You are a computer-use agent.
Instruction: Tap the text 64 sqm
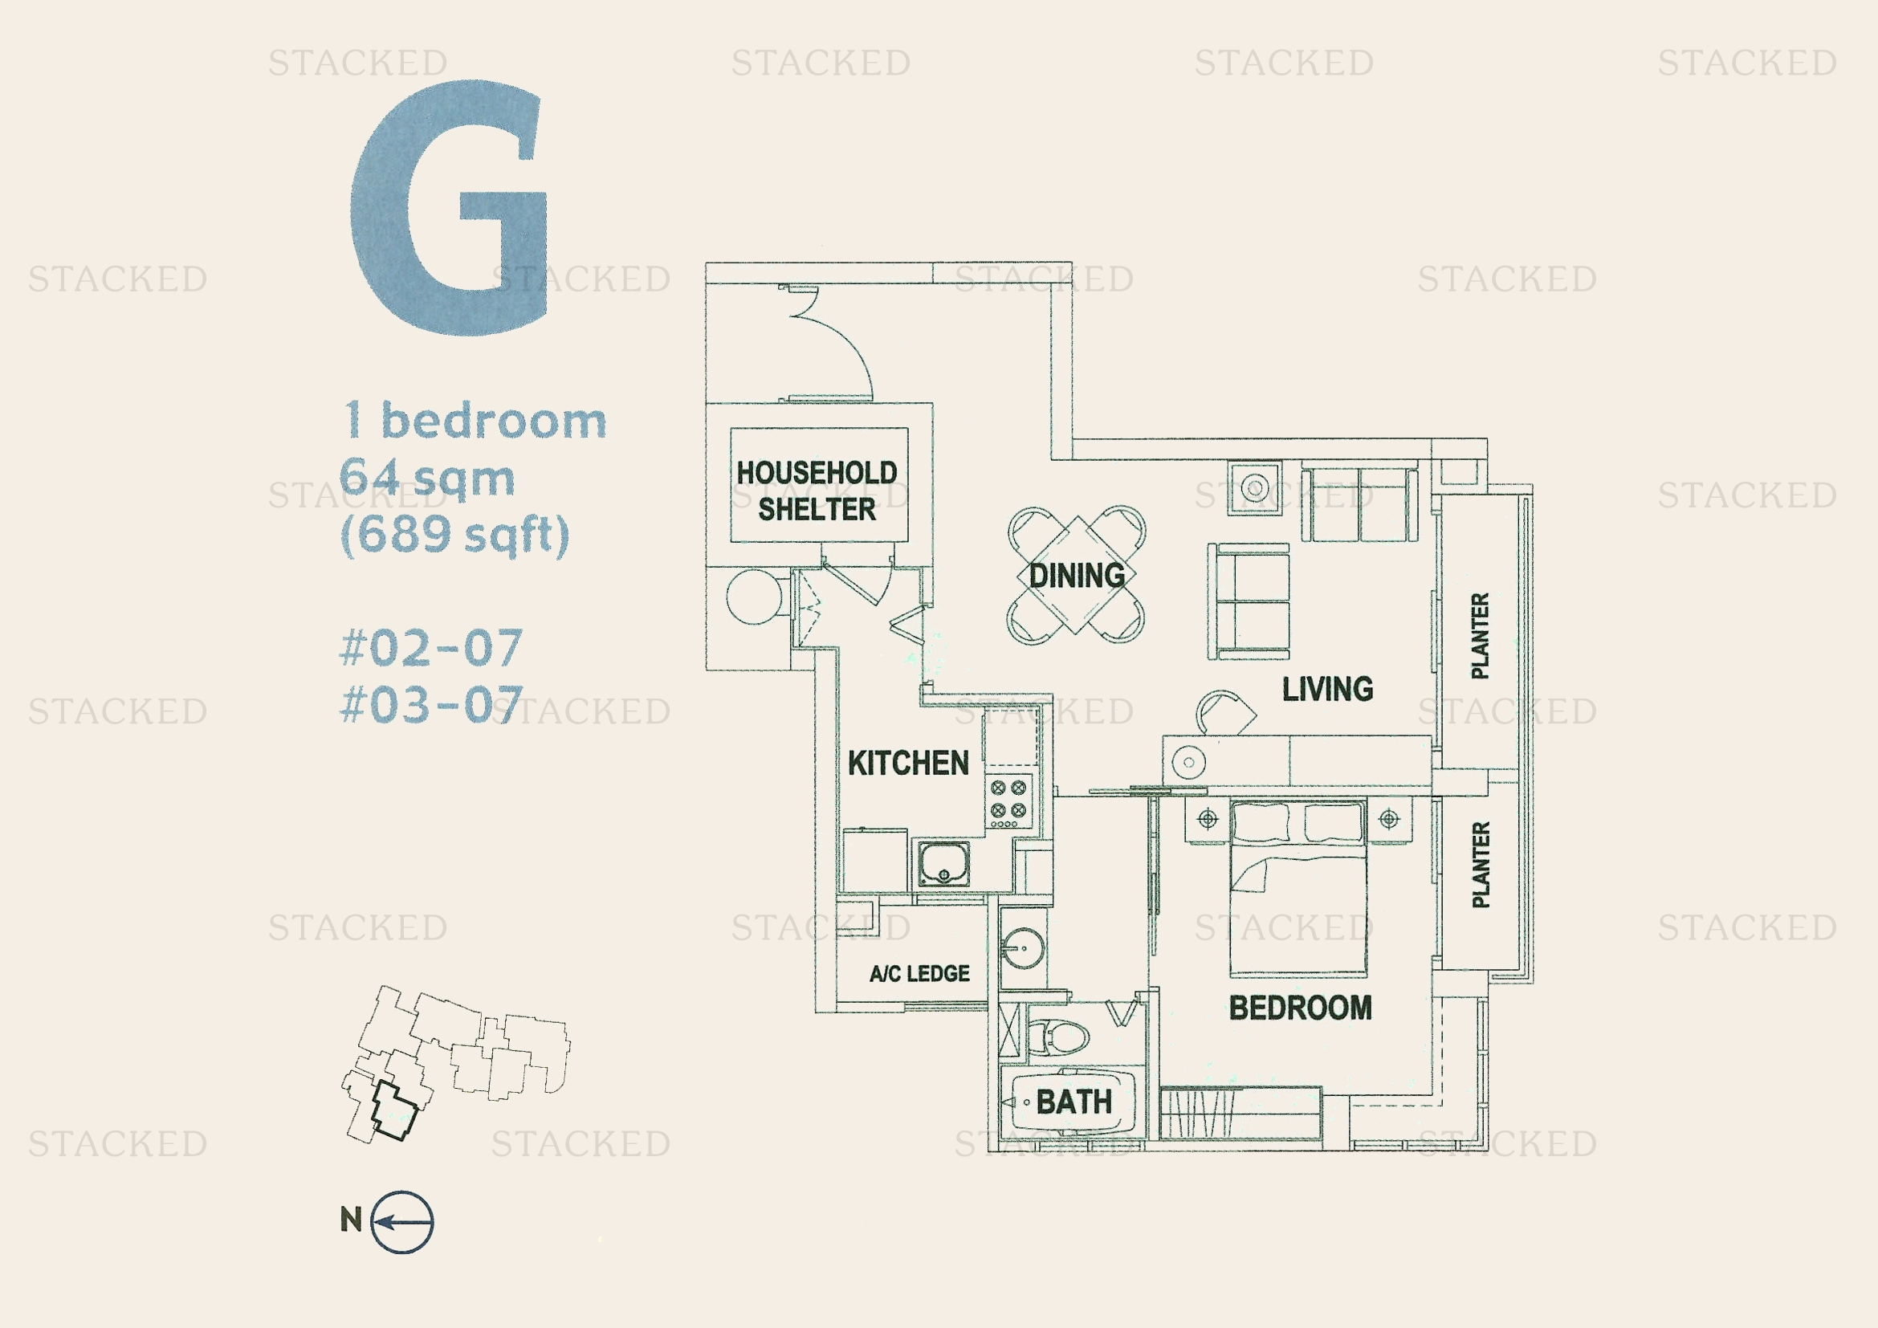(x=427, y=478)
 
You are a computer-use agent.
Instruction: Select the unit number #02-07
(x=431, y=648)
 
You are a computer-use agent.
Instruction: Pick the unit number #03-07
(x=431, y=705)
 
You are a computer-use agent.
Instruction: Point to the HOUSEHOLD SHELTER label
(x=817, y=490)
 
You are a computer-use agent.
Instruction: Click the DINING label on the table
(x=1077, y=576)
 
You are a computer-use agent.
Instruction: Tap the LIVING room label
(x=1327, y=689)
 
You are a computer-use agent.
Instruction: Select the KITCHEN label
(x=908, y=763)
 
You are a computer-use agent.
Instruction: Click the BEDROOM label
(x=1301, y=1008)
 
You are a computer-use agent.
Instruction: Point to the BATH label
(x=1074, y=1102)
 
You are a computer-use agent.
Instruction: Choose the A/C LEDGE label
(x=919, y=973)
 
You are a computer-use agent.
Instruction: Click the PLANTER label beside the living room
(x=1480, y=635)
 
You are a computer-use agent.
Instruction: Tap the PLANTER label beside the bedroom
(x=1480, y=865)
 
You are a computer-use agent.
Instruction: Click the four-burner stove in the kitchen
(x=1008, y=802)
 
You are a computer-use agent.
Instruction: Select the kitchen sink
(x=944, y=862)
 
